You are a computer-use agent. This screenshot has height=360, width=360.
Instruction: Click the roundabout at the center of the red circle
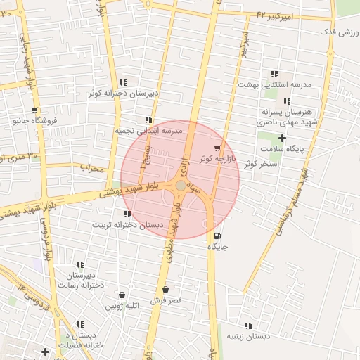181,185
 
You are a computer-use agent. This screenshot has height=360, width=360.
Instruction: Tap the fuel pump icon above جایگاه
217,236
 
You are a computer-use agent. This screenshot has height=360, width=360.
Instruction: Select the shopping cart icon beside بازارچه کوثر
217,148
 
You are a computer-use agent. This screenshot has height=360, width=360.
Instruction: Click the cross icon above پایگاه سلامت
282,139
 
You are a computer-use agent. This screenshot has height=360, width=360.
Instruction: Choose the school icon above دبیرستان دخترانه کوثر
124,82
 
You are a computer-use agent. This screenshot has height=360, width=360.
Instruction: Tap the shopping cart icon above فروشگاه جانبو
34,110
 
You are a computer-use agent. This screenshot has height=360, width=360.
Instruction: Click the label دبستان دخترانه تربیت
127,225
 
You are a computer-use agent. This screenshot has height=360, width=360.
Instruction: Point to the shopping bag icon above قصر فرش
165,290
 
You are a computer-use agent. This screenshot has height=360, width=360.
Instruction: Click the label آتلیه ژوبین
123,306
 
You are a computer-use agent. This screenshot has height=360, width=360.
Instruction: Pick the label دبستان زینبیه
248,337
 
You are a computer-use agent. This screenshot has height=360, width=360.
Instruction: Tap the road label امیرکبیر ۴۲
278,14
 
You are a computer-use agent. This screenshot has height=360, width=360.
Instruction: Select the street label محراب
92,169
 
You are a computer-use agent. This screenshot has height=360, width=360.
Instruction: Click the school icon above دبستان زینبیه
248,326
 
